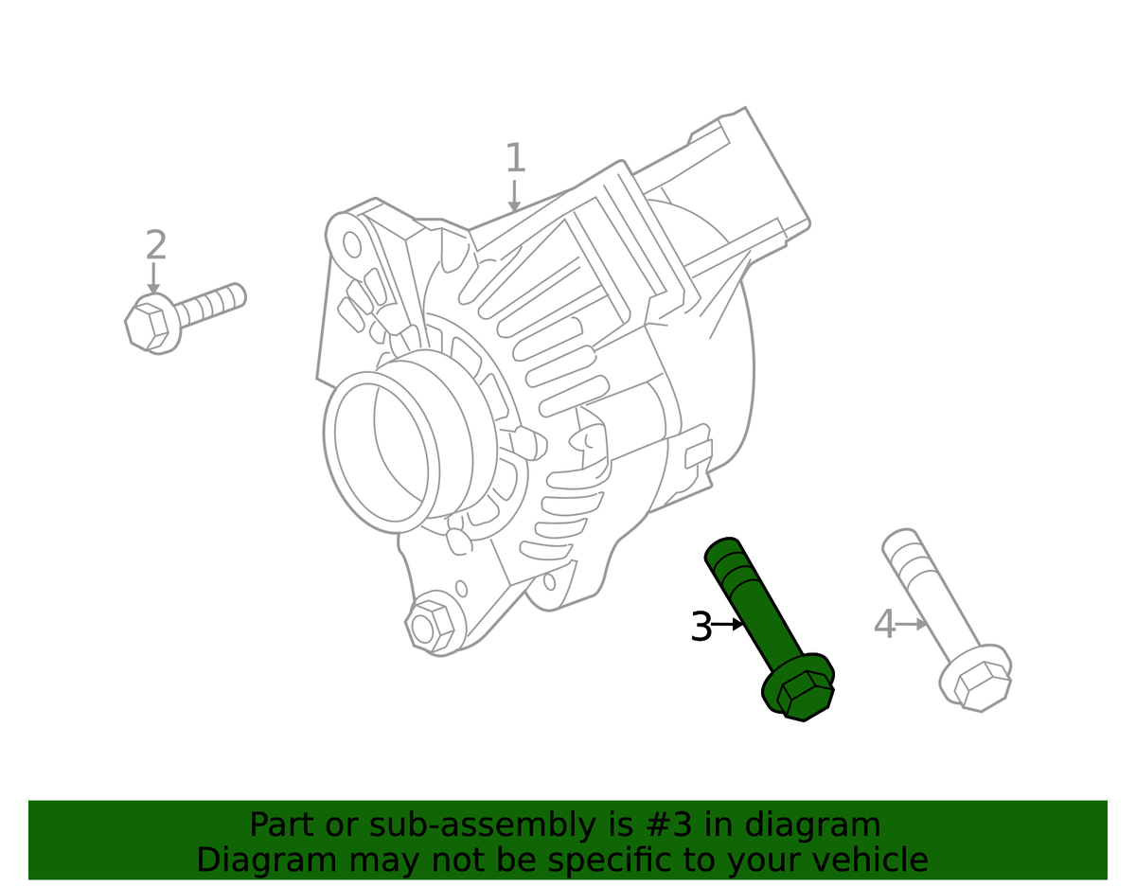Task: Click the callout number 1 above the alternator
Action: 516,157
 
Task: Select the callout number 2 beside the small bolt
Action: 156,244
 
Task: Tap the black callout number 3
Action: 701,626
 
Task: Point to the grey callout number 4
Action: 884,624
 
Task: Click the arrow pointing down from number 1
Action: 514,196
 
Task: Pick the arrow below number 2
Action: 153,278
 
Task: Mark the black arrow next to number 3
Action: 727,624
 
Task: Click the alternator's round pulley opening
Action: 382,452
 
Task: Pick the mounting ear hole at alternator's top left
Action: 352,244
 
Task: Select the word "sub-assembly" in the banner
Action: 483,825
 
